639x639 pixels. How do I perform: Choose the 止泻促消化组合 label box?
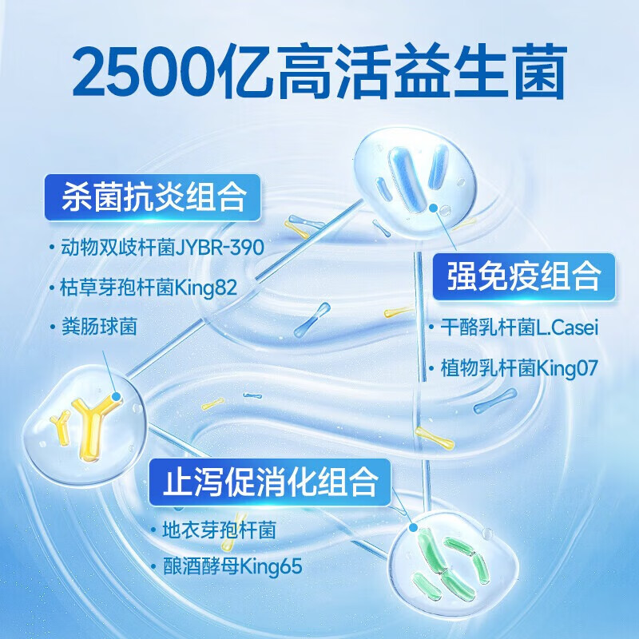[271, 482]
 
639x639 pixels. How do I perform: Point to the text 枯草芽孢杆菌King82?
[149, 287]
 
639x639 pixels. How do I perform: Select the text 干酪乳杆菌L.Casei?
[519, 327]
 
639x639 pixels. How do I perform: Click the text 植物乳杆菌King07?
[519, 368]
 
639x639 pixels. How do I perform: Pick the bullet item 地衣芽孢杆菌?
[219, 529]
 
